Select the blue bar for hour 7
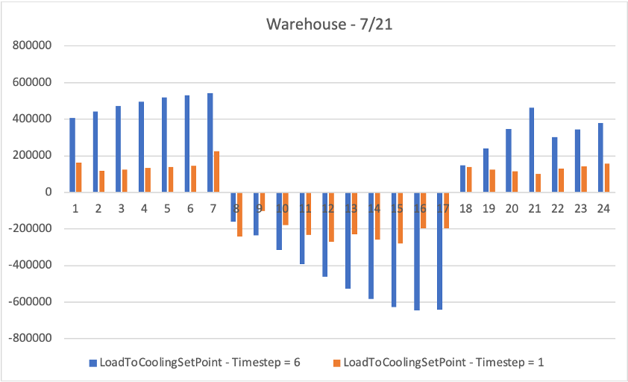point(210,143)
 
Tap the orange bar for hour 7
point(217,172)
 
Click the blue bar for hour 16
point(417,251)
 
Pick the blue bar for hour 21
point(532,150)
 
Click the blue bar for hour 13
point(348,240)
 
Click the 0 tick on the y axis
point(46,192)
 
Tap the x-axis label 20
point(512,209)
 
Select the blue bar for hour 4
point(141,147)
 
